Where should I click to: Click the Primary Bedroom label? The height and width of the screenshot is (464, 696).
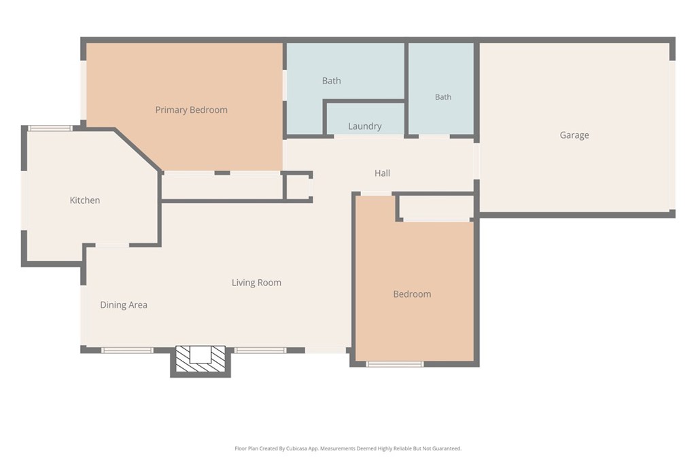pos(191,110)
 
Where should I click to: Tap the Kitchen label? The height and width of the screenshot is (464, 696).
pos(85,200)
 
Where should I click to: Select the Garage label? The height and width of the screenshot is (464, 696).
pos(574,135)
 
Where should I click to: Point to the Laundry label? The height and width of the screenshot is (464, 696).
pos(365,126)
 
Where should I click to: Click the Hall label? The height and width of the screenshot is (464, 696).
pos(382,173)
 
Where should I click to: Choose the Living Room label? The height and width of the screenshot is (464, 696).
pos(256,283)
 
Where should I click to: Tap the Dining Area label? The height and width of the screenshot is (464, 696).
pos(124,305)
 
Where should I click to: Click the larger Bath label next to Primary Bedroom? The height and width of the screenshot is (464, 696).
pos(332,81)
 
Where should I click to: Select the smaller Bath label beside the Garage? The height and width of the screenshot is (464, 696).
pos(443,96)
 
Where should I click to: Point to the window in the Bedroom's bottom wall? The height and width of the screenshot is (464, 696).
pos(395,364)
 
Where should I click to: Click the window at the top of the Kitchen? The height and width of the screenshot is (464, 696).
pos(50,128)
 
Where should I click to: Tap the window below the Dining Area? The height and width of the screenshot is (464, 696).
pos(127,351)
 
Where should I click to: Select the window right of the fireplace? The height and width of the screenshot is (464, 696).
pos(260,351)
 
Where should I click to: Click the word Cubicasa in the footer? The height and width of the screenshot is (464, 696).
pos(296,448)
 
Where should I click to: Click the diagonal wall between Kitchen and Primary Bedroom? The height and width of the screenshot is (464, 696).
pos(138,150)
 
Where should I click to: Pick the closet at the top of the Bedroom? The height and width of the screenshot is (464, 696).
pos(436,207)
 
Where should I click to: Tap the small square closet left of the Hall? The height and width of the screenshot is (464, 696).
pos(298,187)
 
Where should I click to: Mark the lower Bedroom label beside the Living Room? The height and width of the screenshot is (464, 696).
pos(412,294)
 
